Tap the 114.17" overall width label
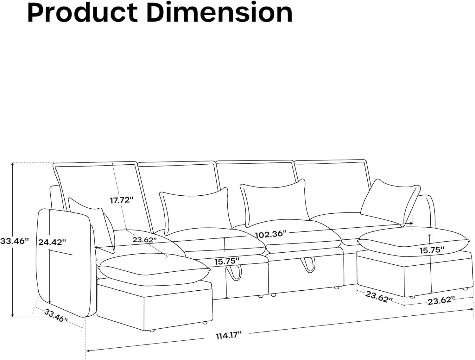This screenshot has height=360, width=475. click(x=229, y=335)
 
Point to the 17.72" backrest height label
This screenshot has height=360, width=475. click(x=122, y=200)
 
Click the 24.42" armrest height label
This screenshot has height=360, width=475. click(x=52, y=242)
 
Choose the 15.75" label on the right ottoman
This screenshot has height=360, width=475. click(x=432, y=250)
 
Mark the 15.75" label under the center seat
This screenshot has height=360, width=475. click(x=226, y=262)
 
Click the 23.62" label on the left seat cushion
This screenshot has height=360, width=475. click(x=145, y=240)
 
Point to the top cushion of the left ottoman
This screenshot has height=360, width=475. click(x=152, y=266)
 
